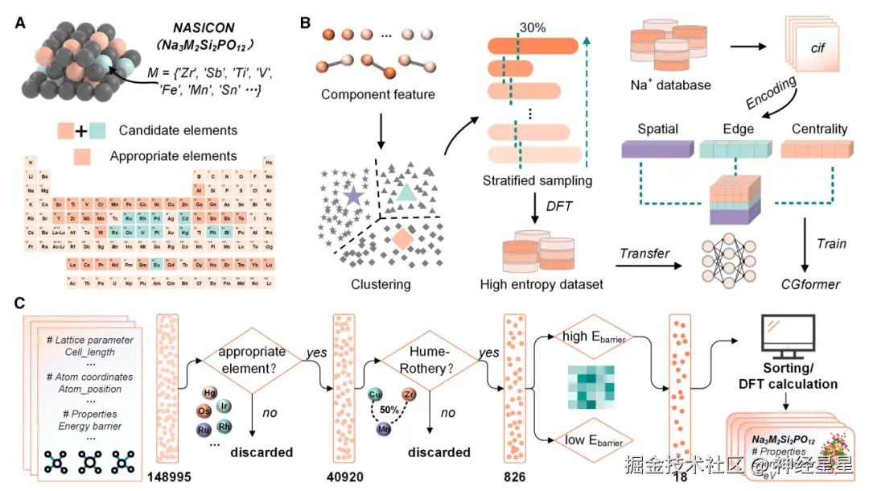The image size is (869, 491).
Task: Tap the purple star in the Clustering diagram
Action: tap(352, 195)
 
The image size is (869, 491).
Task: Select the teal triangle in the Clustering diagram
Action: tap(407, 192)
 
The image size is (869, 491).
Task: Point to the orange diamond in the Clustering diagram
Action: tap(402, 238)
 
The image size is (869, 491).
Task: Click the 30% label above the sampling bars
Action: tap(532, 27)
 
